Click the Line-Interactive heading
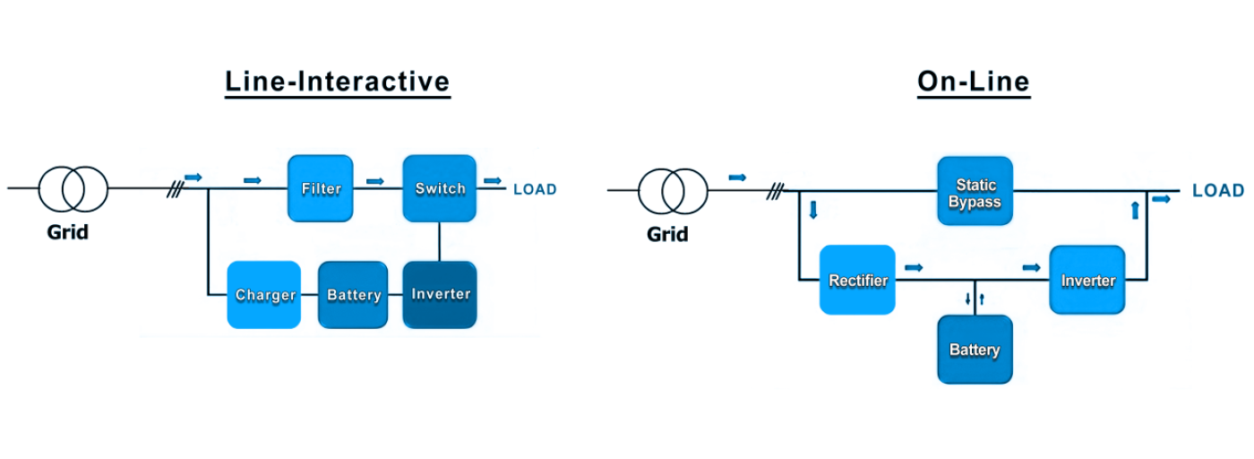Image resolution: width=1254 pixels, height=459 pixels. [x=337, y=82]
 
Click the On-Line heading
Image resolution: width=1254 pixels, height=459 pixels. [x=973, y=82]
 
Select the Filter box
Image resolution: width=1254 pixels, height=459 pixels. [x=321, y=188]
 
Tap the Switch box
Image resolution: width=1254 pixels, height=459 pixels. [x=439, y=188]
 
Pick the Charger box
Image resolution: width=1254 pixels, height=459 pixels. [x=264, y=295]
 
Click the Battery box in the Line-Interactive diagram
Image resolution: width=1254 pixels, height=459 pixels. [x=353, y=295]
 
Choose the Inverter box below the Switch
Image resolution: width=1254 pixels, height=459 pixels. [x=440, y=294]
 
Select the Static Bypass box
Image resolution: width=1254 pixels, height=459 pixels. [x=975, y=191]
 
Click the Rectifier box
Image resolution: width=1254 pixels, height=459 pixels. [x=857, y=280]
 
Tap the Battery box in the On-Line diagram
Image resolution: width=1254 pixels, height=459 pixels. [x=975, y=350]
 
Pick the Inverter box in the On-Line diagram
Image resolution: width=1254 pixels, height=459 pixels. [x=1087, y=280]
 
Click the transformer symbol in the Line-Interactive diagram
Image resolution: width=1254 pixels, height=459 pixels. [x=73, y=188]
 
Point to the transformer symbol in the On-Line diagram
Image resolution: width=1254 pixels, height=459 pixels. [x=673, y=190]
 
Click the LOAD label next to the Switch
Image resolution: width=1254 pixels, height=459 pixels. [x=535, y=189]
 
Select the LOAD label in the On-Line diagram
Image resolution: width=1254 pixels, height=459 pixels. [x=1217, y=190]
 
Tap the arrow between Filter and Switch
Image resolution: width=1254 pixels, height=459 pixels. [x=375, y=180]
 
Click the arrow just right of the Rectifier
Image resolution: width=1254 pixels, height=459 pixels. [x=914, y=267]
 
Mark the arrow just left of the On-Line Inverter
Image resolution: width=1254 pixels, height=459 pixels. [x=1032, y=267]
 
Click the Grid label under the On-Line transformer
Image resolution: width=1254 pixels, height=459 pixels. [x=668, y=235]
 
